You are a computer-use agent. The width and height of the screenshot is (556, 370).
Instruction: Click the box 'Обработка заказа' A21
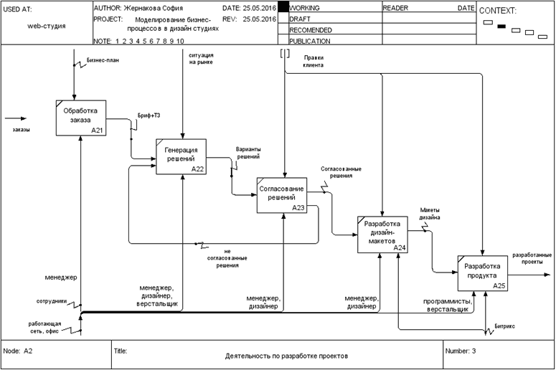click(81, 118)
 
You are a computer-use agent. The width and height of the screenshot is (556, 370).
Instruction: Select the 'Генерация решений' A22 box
click(182, 154)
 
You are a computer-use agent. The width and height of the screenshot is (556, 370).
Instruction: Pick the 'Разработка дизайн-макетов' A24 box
click(382, 234)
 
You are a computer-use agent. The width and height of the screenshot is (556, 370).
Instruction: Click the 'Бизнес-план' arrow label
click(103, 60)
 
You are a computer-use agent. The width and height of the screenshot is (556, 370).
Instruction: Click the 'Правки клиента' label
click(314, 60)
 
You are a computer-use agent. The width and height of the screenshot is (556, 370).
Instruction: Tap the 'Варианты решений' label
click(248, 153)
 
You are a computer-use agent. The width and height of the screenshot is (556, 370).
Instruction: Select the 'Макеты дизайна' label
click(430, 213)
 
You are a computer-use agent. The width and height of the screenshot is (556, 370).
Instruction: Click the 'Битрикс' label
click(505, 327)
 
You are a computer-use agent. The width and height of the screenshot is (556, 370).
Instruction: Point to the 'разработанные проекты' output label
click(532, 258)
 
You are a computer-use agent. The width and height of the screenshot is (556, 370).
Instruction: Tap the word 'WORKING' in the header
click(304, 7)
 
